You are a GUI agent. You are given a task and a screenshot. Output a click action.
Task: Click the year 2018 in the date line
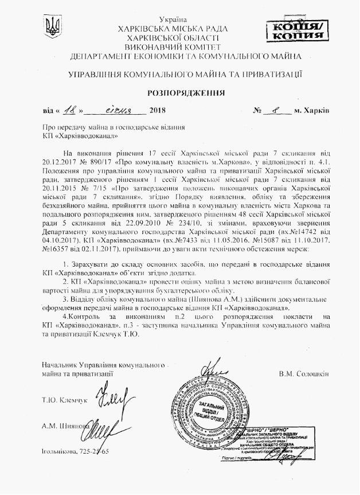(156, 110)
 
